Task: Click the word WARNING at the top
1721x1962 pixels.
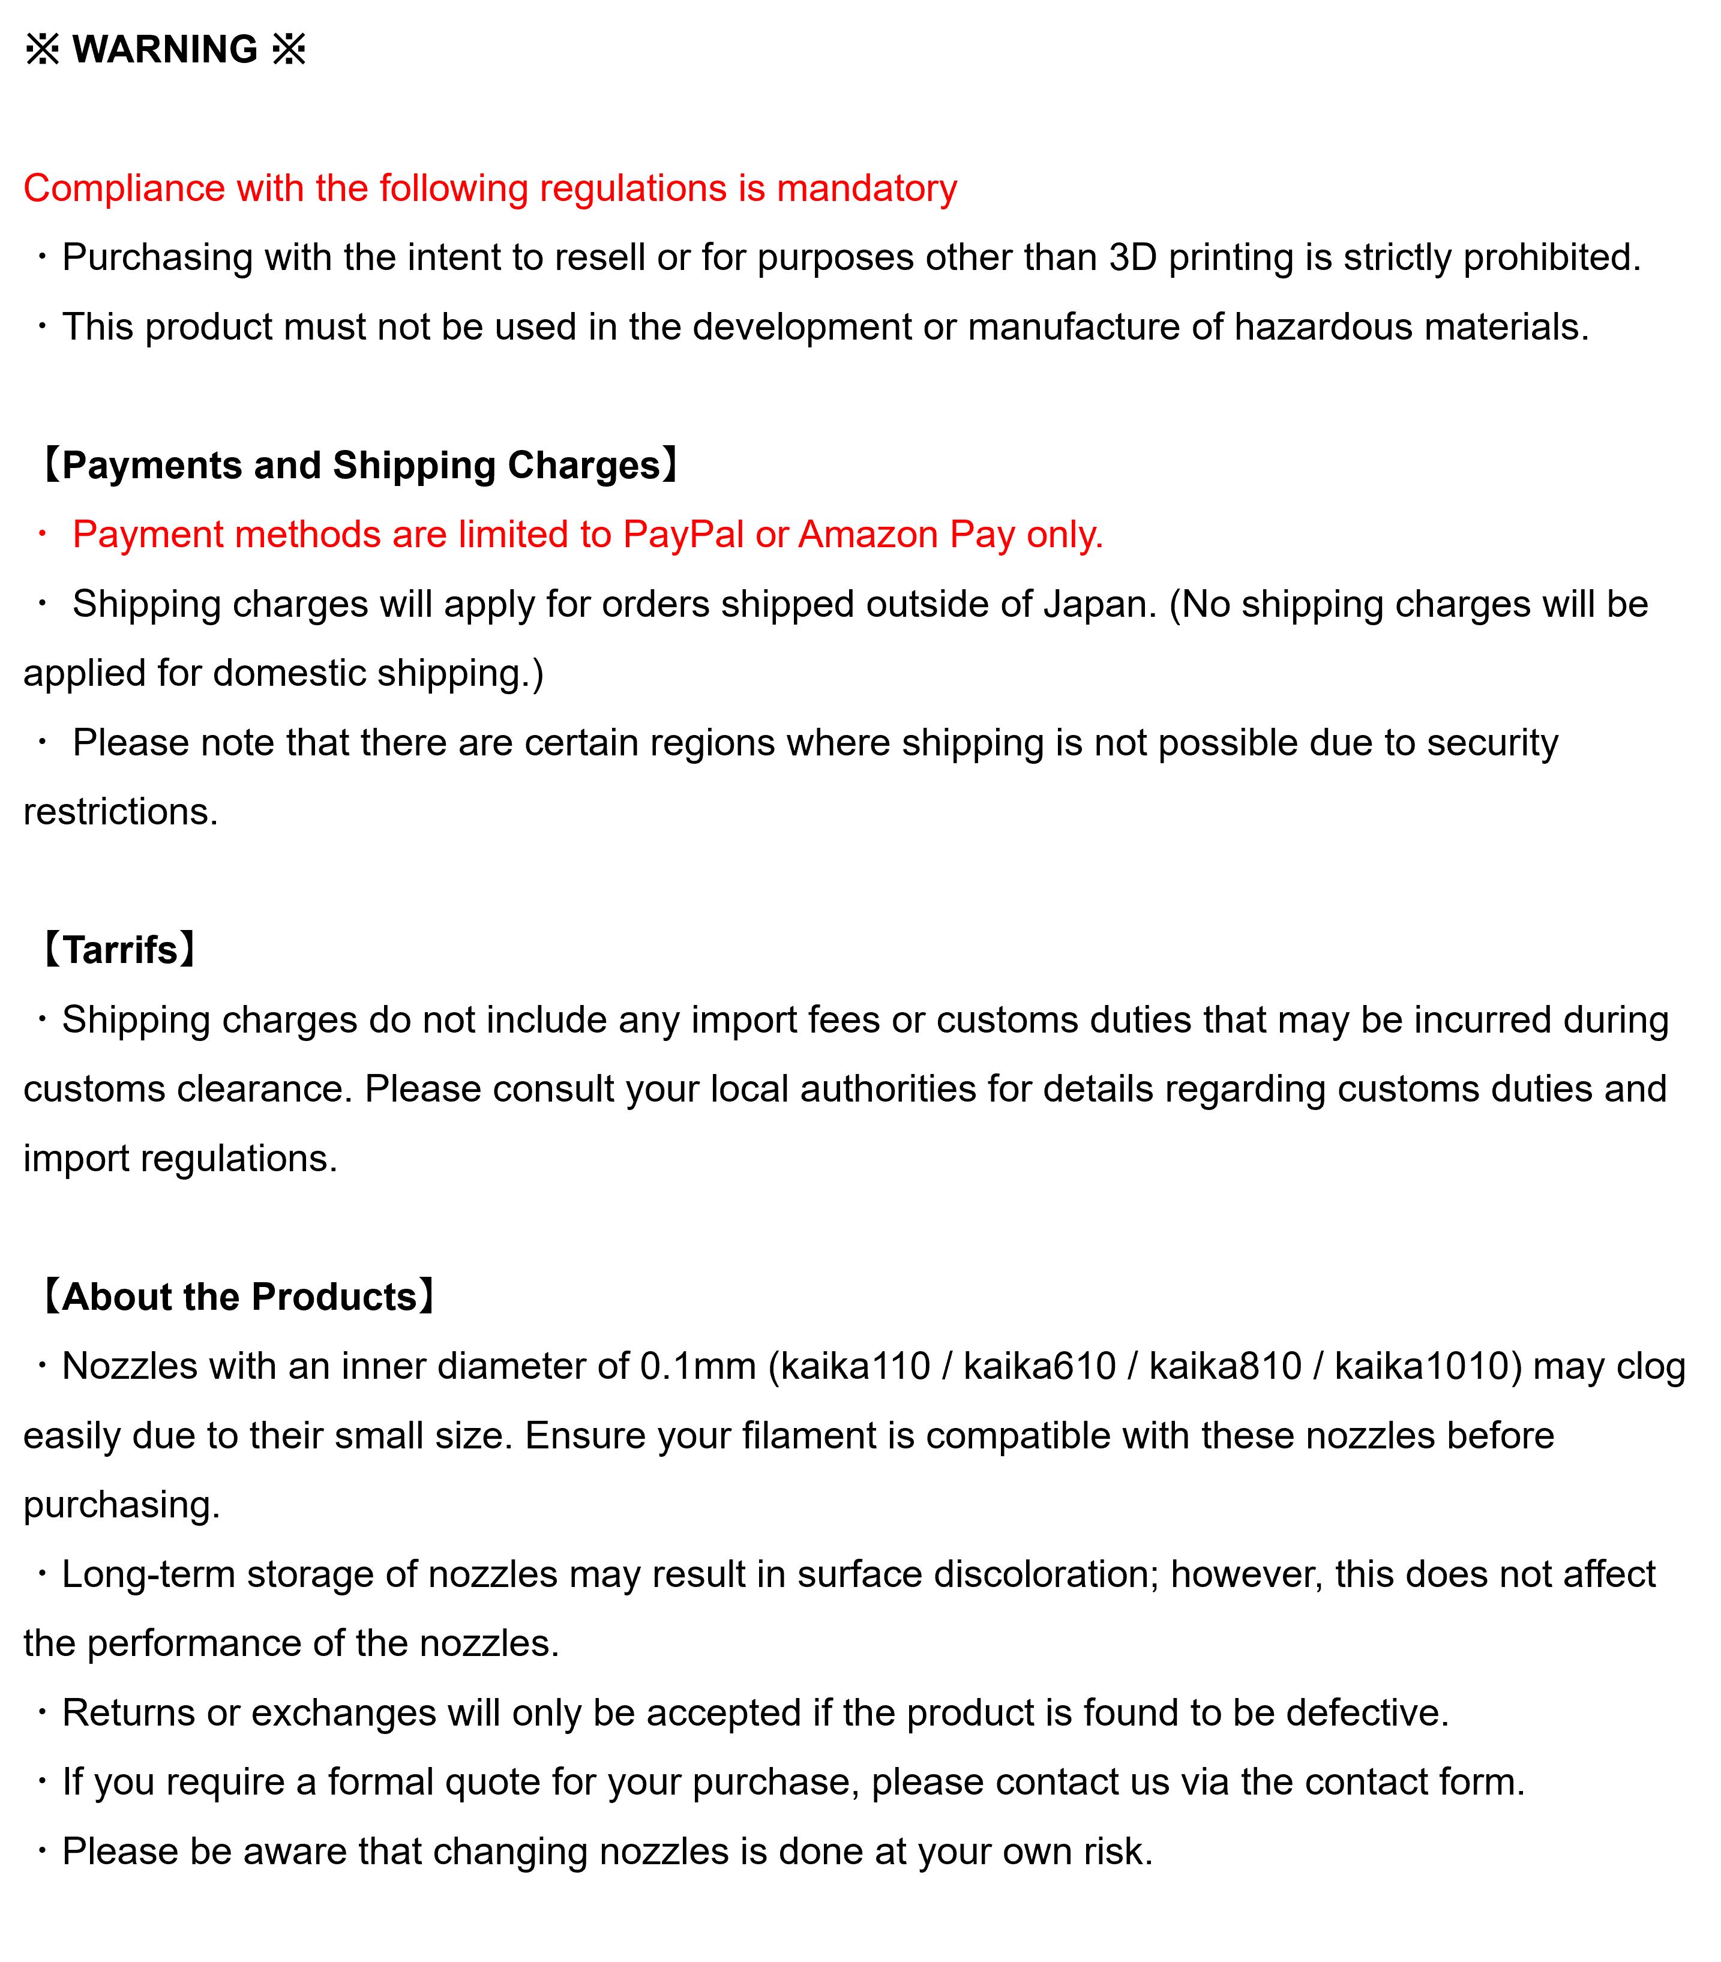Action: (165, 49)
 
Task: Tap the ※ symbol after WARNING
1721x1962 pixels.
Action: (289, 49)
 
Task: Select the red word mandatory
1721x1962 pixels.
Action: (867, 188)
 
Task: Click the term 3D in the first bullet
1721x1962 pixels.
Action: (1132, 257)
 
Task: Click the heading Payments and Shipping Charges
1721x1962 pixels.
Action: (361, 466)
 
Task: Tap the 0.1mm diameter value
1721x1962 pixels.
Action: (698, 1367)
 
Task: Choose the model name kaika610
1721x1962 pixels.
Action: (1039, 1367)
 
